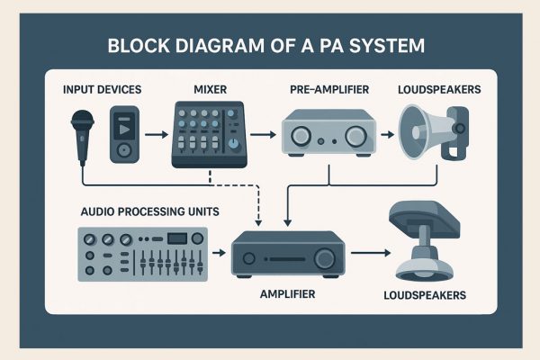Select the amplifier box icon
pos(287,255)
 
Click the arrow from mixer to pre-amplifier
pos(262,136)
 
